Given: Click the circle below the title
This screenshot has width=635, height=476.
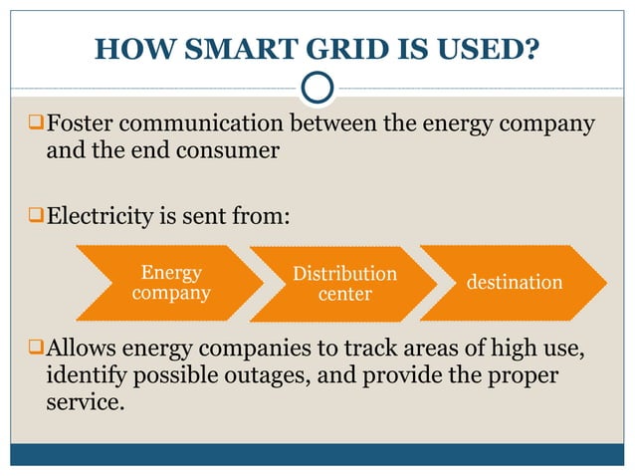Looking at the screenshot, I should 317,88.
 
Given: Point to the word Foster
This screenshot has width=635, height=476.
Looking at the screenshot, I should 85,125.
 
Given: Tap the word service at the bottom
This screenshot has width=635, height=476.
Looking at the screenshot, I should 86,403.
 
